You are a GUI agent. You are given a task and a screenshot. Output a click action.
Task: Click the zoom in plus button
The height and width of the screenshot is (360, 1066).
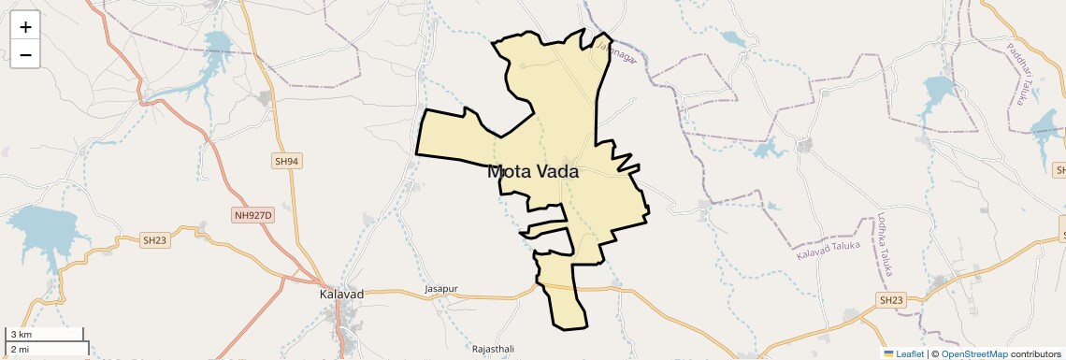pyautogui.click(x=25, y=27)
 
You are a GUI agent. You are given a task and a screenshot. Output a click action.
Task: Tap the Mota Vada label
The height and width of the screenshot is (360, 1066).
pyautogui.click(x=533, y=172)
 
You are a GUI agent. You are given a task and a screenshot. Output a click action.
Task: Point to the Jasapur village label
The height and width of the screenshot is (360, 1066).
pyautogui.click(x=441, y=290)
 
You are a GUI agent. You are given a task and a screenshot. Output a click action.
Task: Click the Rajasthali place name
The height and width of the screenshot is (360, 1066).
pyautogui.click(x=493, y=349)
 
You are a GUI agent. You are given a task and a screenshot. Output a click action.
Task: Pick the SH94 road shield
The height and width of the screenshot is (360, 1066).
pyautogui.click(x=287, y=162)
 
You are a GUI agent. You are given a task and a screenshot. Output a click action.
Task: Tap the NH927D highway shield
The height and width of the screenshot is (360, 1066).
pyautogui.click(x=252, y=216)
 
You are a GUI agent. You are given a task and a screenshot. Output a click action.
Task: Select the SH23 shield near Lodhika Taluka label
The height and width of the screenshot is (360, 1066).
pyautogui.click(x=891, y=300)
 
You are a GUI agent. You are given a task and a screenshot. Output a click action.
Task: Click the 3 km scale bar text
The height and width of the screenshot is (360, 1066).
pyautogui.click(x=21, y=335)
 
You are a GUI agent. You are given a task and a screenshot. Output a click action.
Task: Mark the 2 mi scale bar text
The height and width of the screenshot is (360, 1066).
pyautogui.click(x=21, y=349)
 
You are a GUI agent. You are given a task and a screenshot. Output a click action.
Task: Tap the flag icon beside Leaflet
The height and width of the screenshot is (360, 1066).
pyautogui.click(x=888, y=353)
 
